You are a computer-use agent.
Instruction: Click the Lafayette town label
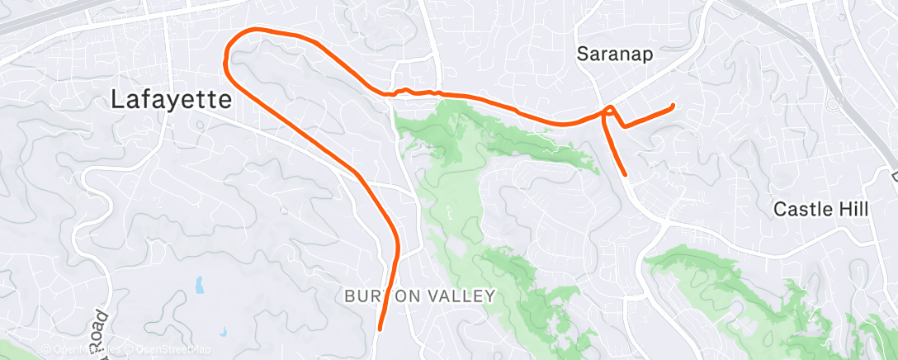[172, 101]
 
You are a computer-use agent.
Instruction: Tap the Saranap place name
[614, 55]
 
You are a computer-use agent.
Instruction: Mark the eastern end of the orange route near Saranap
[673, 106]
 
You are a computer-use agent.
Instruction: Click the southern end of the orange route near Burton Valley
[380, 329]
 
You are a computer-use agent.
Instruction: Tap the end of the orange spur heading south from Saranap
[626, 174]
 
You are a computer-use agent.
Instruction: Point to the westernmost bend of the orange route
[225, 58]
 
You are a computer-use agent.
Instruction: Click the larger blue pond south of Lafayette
[199, 286]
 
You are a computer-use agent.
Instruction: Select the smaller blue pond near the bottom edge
[223, 332]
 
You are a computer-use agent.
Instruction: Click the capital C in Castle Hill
[780, 210]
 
